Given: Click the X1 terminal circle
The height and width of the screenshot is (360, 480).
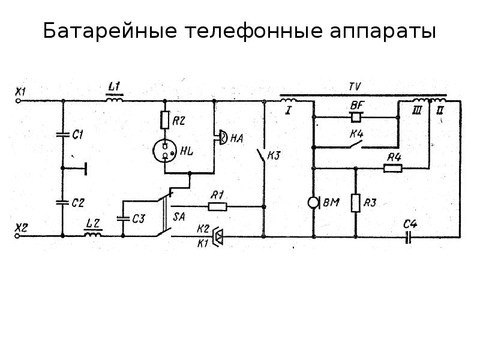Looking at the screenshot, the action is pos(19,101).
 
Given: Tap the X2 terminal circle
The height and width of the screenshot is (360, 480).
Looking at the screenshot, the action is pos(17,236).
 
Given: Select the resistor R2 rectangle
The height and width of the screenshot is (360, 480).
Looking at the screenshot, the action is pos(164,119).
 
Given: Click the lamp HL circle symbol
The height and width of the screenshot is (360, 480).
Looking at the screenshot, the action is pos(165,151).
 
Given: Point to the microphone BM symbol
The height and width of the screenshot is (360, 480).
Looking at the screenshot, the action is pos(313,203).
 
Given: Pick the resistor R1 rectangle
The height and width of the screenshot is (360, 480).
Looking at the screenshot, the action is pos(218,206).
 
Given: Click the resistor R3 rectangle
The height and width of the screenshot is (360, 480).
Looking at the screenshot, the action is pos(355,203).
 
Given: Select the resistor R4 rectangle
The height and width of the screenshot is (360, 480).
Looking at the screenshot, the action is pos(393,168).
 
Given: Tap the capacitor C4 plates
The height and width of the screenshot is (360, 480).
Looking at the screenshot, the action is pos(407,236).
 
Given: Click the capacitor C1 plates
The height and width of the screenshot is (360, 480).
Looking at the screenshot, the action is pos(63,134).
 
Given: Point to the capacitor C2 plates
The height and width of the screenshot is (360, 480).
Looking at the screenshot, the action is pos(62,202).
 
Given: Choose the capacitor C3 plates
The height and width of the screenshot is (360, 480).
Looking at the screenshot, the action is pos(123,218).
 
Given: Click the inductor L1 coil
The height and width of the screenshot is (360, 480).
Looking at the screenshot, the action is pos(115,99).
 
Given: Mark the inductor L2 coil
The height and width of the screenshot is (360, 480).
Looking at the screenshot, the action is pos(93,235).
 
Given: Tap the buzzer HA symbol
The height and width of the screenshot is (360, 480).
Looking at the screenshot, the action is pos(222,137).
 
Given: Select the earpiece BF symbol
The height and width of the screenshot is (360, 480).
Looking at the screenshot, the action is pos(356,117).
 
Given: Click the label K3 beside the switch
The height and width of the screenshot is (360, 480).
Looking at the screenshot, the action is pos(274,155).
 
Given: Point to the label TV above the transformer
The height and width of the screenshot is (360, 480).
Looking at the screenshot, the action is pos(355,86).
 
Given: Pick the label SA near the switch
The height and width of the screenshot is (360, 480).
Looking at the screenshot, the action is pos(179,217).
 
